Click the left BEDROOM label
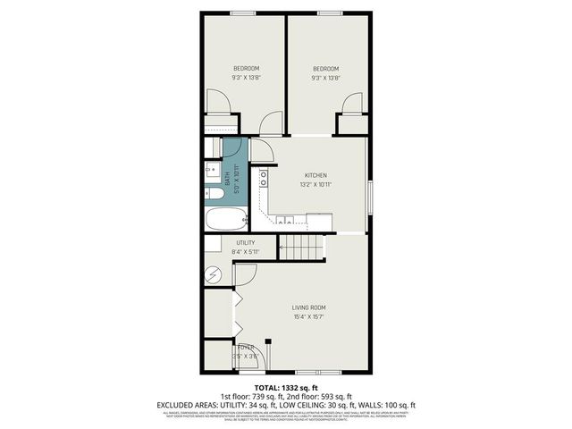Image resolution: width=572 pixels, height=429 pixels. [247, 69]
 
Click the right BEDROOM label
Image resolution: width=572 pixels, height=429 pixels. [325, 69]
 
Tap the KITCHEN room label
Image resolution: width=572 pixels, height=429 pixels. [315, 175]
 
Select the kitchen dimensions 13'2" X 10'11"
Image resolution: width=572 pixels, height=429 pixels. [315, 184]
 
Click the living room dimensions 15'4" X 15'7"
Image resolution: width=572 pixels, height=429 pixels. [306, 316]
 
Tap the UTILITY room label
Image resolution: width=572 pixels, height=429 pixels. [246, 242]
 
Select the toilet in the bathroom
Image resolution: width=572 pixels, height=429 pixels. [214, 192]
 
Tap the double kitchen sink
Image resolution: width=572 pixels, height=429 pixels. [284, 219]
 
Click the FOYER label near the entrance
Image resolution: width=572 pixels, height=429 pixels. [245, 347]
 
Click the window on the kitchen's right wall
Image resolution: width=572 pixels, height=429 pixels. [367, 195]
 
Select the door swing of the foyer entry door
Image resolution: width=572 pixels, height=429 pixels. [244, 355]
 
